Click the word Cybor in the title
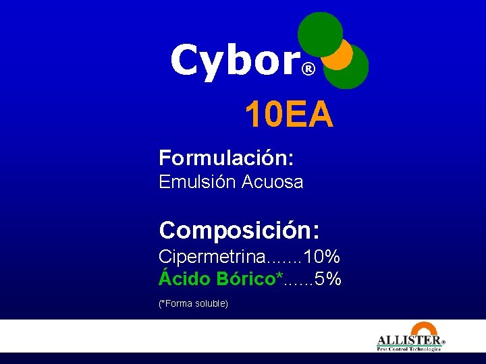(x=233, y=61)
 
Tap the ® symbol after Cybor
(x=308, y=69)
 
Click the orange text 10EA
(x=289, y=115)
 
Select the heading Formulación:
(x=226, y=159)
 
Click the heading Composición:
(x=239, y=231)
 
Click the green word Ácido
(x=184, y=278)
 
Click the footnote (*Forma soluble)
(x=193, y=304)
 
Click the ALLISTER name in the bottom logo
(x=408, y=341)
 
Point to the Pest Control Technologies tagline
(x=409, y=349)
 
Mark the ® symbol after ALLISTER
(x=443, y=342)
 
